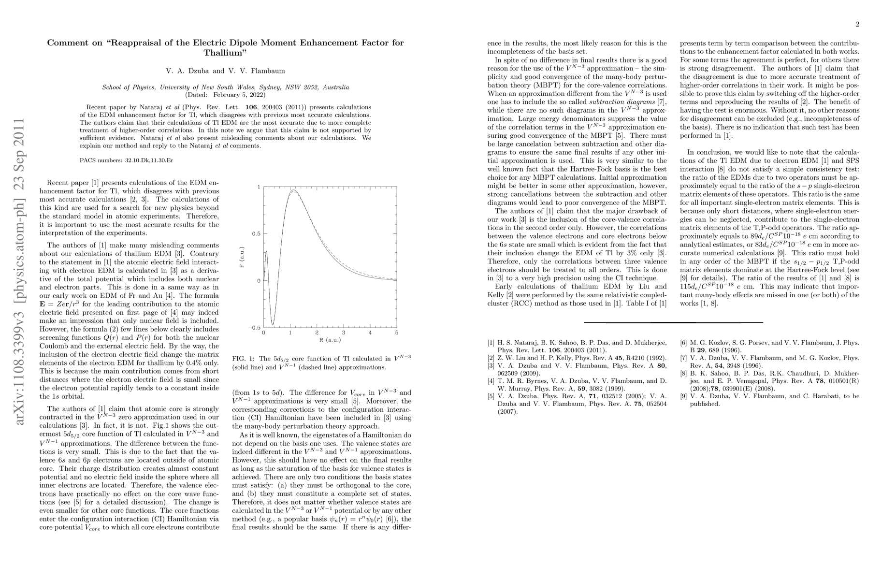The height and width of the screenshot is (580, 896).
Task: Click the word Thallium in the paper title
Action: (x=225, y=52)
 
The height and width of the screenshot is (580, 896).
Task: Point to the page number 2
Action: (x=857, y=25)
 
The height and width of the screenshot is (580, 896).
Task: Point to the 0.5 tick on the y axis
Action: (x=256, y=233)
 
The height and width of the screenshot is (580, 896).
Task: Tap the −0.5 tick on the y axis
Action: (x=254, y=328)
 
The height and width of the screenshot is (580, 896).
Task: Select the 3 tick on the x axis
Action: (x=343, y=333)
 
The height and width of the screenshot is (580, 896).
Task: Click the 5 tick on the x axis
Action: (x=397, y=333)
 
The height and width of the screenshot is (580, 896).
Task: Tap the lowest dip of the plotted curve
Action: (x=273, y=324)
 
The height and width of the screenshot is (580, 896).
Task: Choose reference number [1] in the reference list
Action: (x=491, y=343)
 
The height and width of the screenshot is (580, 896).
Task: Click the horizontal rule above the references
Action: (x=673, y=322)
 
